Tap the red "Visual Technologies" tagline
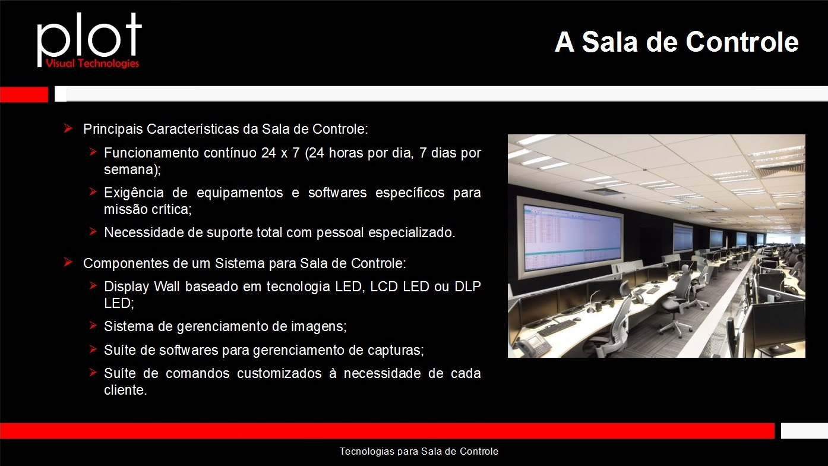93,63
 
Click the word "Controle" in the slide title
742,42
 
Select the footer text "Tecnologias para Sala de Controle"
419,451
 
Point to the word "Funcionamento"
151,152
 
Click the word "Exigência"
134,193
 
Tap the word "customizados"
279,373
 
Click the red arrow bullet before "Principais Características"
68,128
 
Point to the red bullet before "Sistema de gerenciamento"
93,326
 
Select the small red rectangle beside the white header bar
24,95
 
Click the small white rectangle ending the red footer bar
804,431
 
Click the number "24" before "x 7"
268,153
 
